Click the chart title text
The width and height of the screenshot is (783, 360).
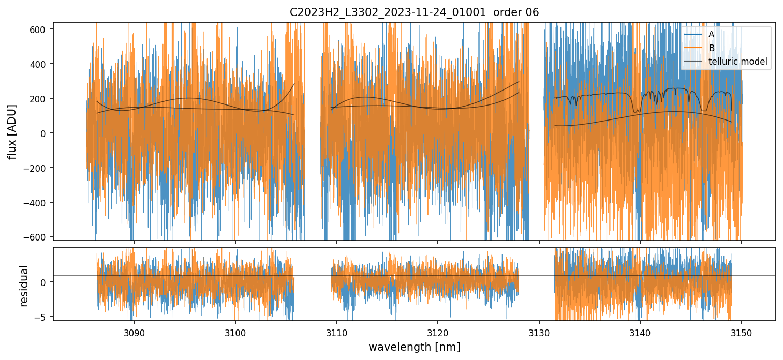click(x=414, y=12)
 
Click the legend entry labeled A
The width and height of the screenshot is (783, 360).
click(x=711, y=34)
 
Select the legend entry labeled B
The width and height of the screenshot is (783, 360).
click(x=711, y=48)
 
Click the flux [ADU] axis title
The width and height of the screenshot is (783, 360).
click(x=12, y=131)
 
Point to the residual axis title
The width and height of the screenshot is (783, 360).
click(x=24, y=285)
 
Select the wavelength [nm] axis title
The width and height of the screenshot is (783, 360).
click(x=414, y=347)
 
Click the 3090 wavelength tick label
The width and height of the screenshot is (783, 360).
click(x=134, y=332)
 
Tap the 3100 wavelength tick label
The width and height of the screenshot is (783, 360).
click(x=235, y=332)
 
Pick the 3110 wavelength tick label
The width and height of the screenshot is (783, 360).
click(x=336, y=332)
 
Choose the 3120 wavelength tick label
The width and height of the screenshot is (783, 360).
click(x=438, y=332)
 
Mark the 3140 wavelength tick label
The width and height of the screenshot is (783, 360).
click(x=640, y=332)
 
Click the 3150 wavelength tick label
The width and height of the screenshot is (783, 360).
click(x=742, y=332)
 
